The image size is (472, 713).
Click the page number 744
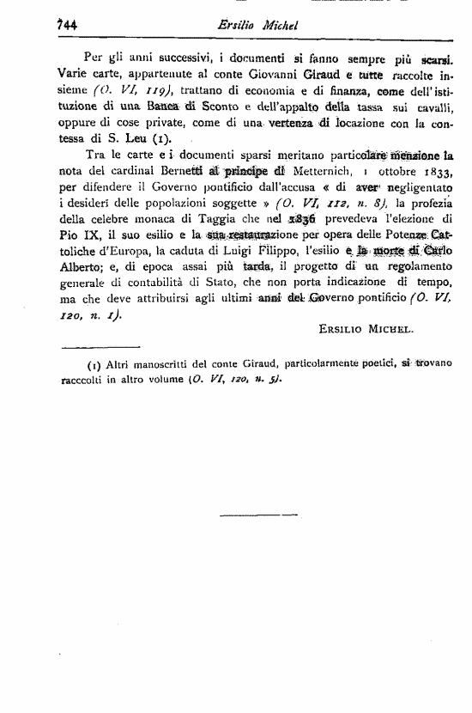pos(63,25)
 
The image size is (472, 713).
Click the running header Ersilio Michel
pos(257,25)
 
